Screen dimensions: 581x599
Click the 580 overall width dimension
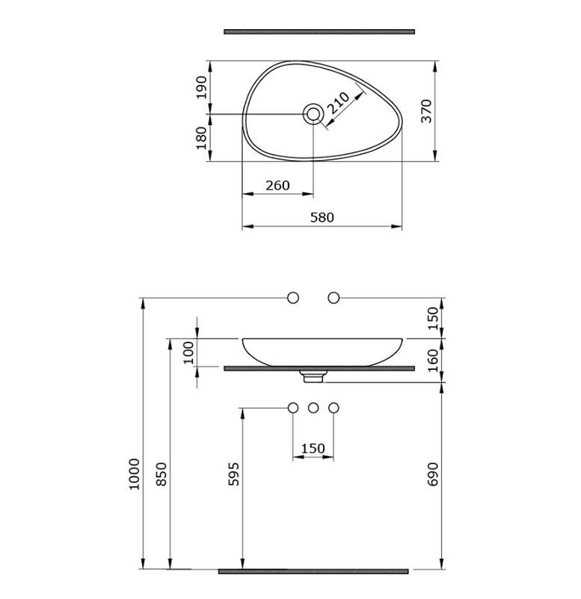click(322, 217)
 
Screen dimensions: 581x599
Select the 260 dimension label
click(277, 185)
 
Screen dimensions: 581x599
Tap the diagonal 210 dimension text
click(338, 103)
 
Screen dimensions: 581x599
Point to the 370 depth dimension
click(427, 111)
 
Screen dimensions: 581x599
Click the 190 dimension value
click(201, 88)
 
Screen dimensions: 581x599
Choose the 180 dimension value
click(201, 138)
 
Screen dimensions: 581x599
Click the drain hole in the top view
click(313, 114)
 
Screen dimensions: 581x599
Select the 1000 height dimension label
click(135, 474)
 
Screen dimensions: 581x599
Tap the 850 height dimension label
click(162, 474)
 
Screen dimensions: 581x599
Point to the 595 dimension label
click(233, 474)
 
